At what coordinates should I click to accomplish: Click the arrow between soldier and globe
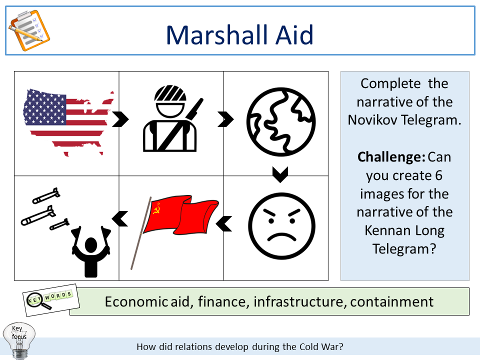click(225, 119)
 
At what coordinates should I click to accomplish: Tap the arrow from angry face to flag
click(225, 224)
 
